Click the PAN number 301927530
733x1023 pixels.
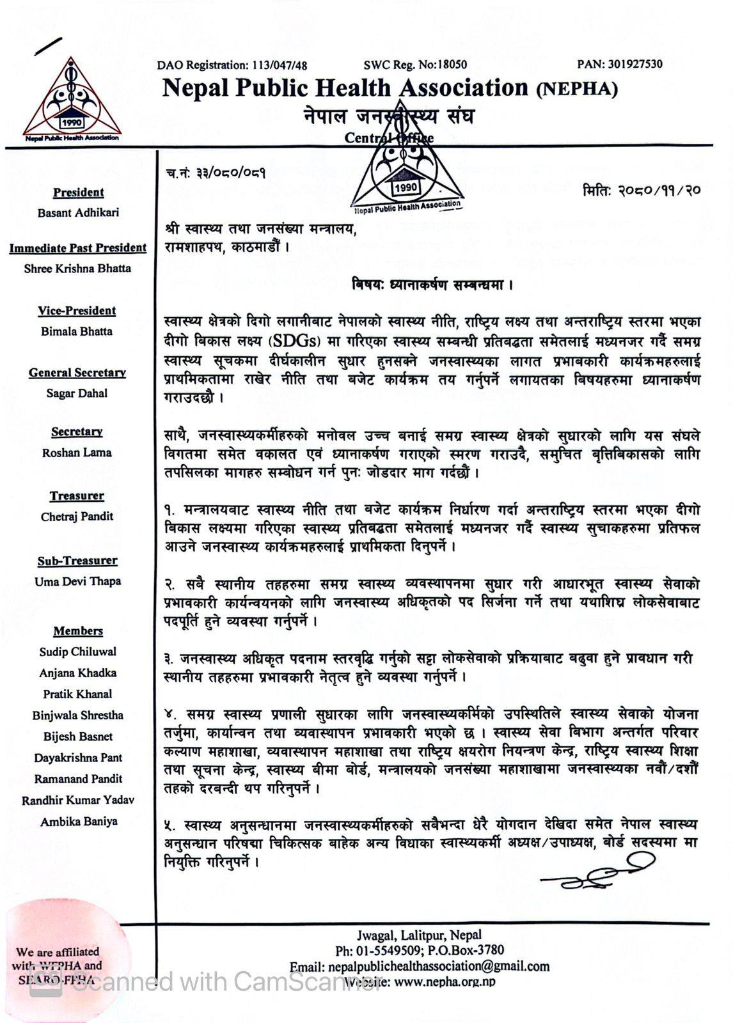coord(634,64)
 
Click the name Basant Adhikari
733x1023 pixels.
coord(78,213)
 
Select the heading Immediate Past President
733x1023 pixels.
coord(78,248)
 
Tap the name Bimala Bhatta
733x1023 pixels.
coord(77,331)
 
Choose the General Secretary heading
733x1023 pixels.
coord(77,373)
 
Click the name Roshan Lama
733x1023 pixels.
coord(77,453)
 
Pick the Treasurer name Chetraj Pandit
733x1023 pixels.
coord(77,517)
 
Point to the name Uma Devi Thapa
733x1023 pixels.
coord(78,581)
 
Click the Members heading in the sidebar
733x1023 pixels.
coord(78,631)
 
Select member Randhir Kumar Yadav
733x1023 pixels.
coord(78,800)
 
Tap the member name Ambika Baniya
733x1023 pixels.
coord(79,821)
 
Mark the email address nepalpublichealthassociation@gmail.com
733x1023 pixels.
coord(438,966)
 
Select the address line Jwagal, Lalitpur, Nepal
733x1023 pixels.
coord(420,935)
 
